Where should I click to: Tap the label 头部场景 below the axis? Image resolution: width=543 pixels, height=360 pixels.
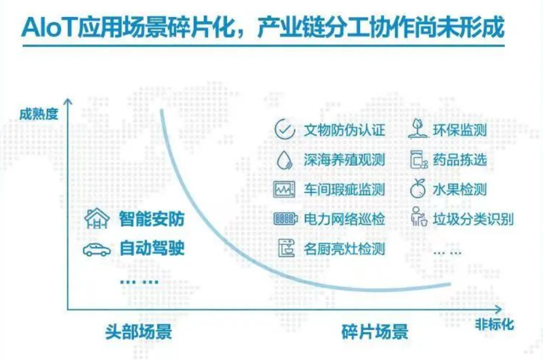(x=138, y=331)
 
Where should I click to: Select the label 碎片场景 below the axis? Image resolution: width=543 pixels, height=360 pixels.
(x=375, y=331)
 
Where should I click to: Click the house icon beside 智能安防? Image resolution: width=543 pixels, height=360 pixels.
(x=97, y=219)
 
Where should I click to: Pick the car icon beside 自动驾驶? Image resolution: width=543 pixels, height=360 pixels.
(x=97, y=249)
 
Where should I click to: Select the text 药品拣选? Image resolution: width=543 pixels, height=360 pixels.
(x=460, y=160)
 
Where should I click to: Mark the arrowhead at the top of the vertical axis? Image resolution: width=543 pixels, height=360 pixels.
(x=67, y=101)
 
